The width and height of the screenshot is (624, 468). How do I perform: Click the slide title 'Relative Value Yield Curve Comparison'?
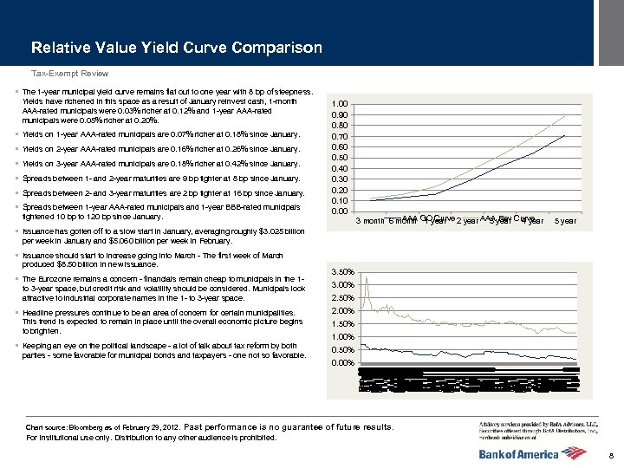click(176, 48)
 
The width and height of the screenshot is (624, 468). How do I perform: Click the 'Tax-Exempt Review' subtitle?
click(69, 74)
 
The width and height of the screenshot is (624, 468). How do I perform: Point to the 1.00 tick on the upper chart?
click(341, 104)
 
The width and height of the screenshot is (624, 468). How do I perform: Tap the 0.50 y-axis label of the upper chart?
click(341, 158)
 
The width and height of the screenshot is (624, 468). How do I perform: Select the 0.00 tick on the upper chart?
click(341, 211)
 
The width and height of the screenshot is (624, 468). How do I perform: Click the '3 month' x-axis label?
click(370, 221)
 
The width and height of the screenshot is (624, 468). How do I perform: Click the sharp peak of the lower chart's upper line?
click(366, 276)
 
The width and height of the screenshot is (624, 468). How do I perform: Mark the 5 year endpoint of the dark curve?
click(565, 135)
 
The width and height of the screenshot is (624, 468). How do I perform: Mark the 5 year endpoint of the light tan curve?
click(565, 115)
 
